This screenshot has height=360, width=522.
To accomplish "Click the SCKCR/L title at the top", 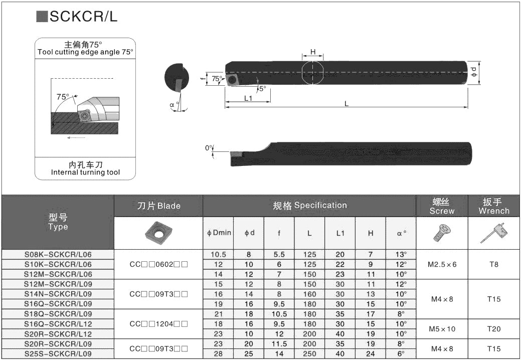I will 83,17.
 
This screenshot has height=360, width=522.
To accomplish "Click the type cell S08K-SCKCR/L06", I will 58,254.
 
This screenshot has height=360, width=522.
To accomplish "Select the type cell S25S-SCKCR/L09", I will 58,354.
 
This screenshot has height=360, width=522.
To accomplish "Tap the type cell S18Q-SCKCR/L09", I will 58,314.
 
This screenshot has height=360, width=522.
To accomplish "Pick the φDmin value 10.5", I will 218,254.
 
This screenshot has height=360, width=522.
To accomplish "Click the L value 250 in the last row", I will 309,354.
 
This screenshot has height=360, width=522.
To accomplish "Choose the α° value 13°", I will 401,254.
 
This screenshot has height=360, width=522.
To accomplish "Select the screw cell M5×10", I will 441,329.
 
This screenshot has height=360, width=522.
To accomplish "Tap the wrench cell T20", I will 493,329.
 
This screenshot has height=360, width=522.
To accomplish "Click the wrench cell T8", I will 493,264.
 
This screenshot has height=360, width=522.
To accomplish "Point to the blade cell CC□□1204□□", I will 158,324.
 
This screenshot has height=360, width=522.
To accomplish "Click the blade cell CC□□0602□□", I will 158,264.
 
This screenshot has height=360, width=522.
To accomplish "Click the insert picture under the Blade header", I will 158,232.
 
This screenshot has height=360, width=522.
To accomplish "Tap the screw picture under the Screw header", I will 441,232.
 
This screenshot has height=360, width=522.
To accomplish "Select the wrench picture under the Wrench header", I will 493,233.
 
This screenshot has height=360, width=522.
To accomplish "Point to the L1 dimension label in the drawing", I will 248,98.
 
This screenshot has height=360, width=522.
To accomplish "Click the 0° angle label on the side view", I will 209,148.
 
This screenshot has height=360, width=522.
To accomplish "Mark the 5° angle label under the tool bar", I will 262,88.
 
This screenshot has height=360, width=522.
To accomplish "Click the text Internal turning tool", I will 85,172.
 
